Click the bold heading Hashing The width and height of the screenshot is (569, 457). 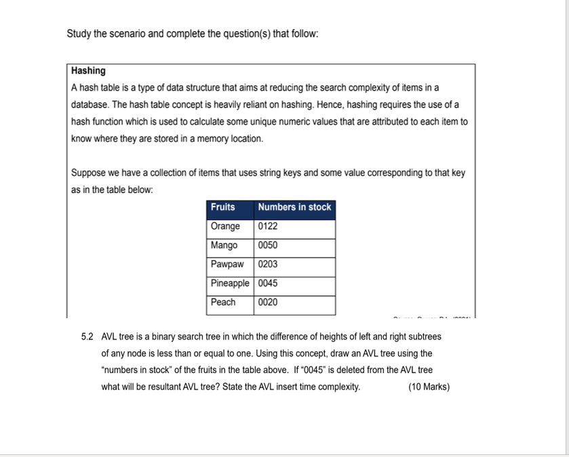pyautogui.click(x=88, y=71)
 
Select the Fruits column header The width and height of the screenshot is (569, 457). pyautogui.click(x=222, y=207)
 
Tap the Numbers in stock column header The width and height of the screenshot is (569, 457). pyautogui.click(x=294, y=207)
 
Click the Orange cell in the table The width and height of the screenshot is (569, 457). pyautogui.click(x=225, y=226)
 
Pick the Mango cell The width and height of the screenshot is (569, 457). pyautogui.click(x=224, y=245)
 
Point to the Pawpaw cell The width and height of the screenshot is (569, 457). pyautogui.click(x=227, y=264)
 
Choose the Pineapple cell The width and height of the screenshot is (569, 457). pyautogui.click(x=230, y=283)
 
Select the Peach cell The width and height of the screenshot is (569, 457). pyautogui.click(x=223, y=302)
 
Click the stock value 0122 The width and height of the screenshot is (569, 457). pyautogui.click(x=268, y=226)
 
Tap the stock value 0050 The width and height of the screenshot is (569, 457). pyautogui.click(x=268, y=245)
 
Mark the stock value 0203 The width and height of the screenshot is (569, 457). pyautogui.click(x=268, y=264)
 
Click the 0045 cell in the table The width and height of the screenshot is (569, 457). pyautogui.click(x=268, y=283)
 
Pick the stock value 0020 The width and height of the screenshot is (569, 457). pyautogui.click(x=268, y=302)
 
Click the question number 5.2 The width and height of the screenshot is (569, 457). pyautogui.click(x=87, y=336)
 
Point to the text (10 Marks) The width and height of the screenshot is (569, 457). pyautogui.click(x=429, y=387)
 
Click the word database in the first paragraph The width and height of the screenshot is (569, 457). pyautogui.click(x=90, y=105)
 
